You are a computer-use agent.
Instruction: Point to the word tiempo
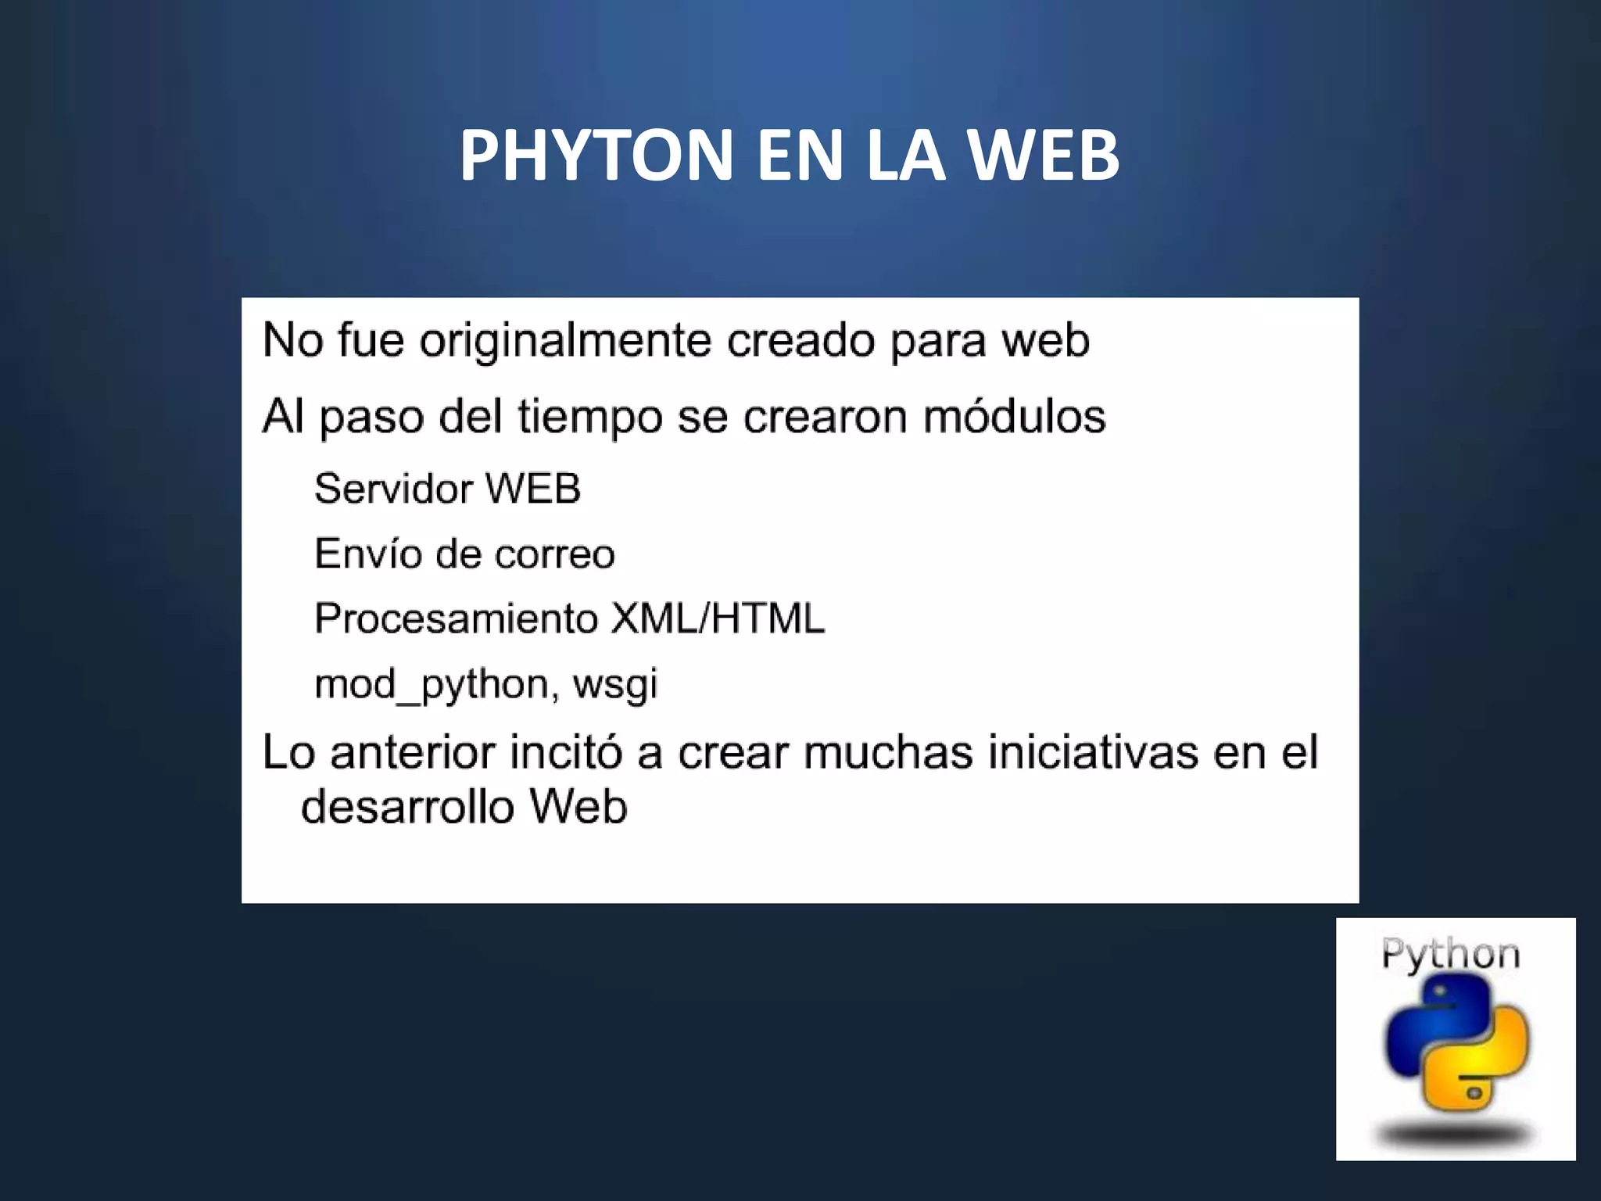pos(590,418)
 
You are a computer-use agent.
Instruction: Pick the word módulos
pos(1014,416)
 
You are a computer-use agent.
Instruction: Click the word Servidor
pos(393,489)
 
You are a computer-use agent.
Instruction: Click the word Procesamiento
pos(457,618)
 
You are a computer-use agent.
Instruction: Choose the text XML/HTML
pos(718,618)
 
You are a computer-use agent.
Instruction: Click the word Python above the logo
pos(1451,955)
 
